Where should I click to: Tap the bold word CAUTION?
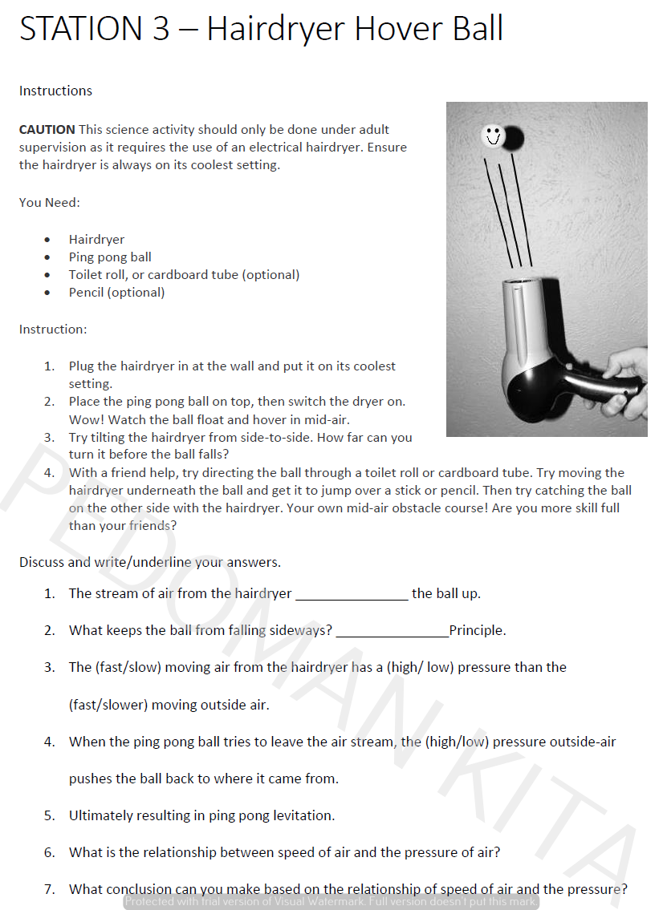tap(47, 129)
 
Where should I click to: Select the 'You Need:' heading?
tap(49, 202)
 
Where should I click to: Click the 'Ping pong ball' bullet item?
tap(110, 257)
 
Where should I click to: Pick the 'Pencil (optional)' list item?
tap(116, 292)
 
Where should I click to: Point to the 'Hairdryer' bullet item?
tap(96, 239)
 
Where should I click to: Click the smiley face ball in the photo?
tap(492, 136)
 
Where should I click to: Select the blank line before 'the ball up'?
tap(352, 595)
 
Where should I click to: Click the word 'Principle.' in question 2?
tap(478, 630)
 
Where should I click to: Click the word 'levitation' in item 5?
tap(302, 815)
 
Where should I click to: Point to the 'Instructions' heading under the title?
tap(55, 91)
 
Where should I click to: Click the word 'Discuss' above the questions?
tap(42, 562)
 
